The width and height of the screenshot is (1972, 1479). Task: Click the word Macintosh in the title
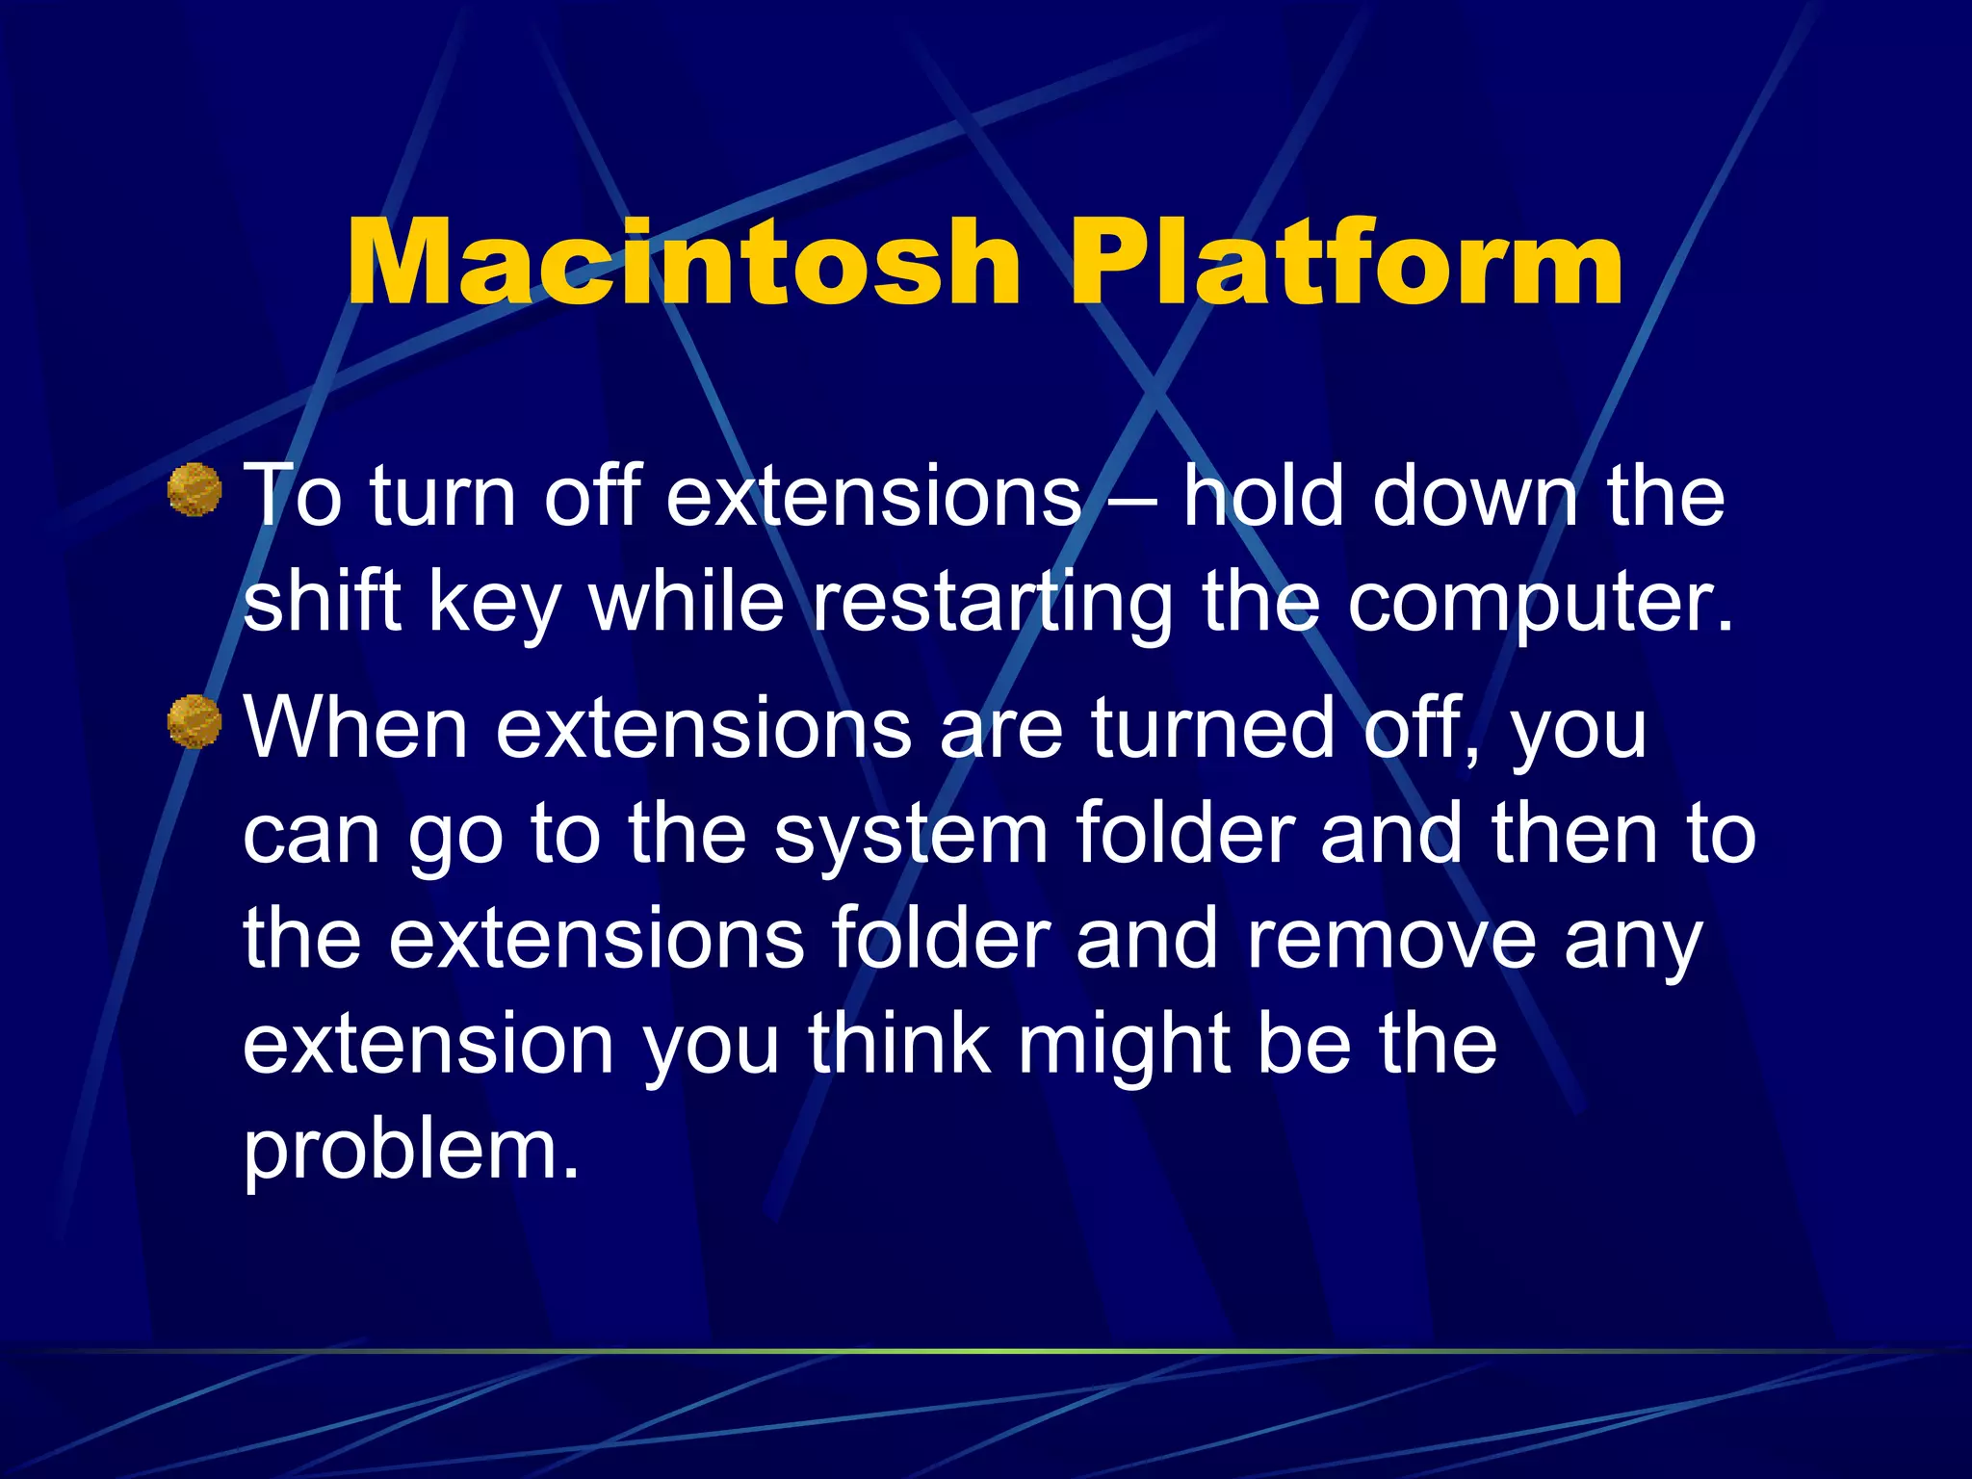point(682,262)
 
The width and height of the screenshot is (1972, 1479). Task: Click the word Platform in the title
point(1346,262)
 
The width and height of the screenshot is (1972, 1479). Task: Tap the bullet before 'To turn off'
point(195,490)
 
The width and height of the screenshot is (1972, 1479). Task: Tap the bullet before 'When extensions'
point(195,721)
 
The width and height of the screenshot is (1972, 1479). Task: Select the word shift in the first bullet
point(322,602)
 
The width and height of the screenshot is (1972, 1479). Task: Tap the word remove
point(1391,939)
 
